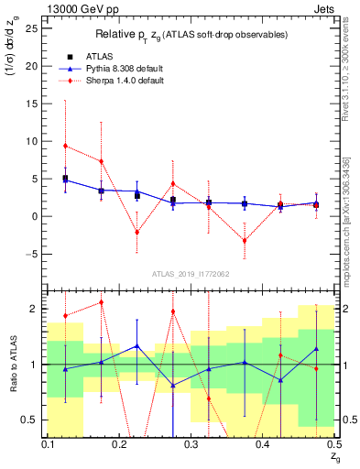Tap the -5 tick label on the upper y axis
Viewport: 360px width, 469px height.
(x=33, y=254)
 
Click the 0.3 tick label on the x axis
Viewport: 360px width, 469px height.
(x=190, y=443)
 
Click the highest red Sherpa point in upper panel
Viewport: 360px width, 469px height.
(x=65, y=146)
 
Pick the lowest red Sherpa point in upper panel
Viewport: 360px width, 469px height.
(x=245, y=241)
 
